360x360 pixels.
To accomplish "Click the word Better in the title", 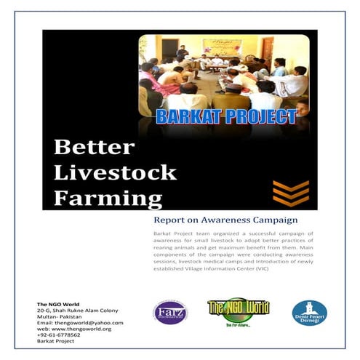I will pos(93,148).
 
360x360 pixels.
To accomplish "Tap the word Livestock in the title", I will pos(116,172).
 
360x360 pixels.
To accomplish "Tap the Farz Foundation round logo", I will pos(169,313).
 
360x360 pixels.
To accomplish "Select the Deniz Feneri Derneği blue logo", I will pos(309,312).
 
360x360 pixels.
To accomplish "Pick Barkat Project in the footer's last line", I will pos(55,341).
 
